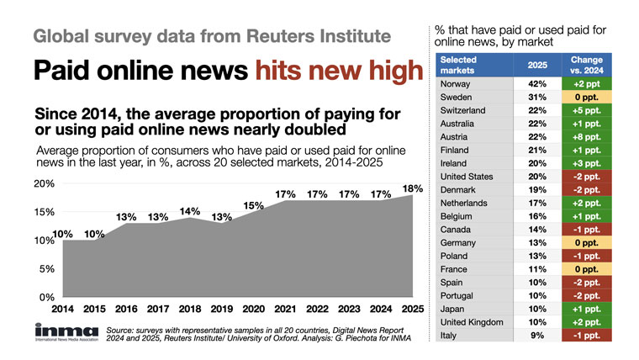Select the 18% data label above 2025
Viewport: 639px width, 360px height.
[411, 187]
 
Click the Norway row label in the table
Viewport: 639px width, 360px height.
[457, 84]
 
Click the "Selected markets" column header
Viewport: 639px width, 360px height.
[464, 65]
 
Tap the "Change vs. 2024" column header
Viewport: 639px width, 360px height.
[598, 65]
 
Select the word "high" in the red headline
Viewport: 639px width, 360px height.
[389, 73]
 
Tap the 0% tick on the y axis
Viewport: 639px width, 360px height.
[23, 298]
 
